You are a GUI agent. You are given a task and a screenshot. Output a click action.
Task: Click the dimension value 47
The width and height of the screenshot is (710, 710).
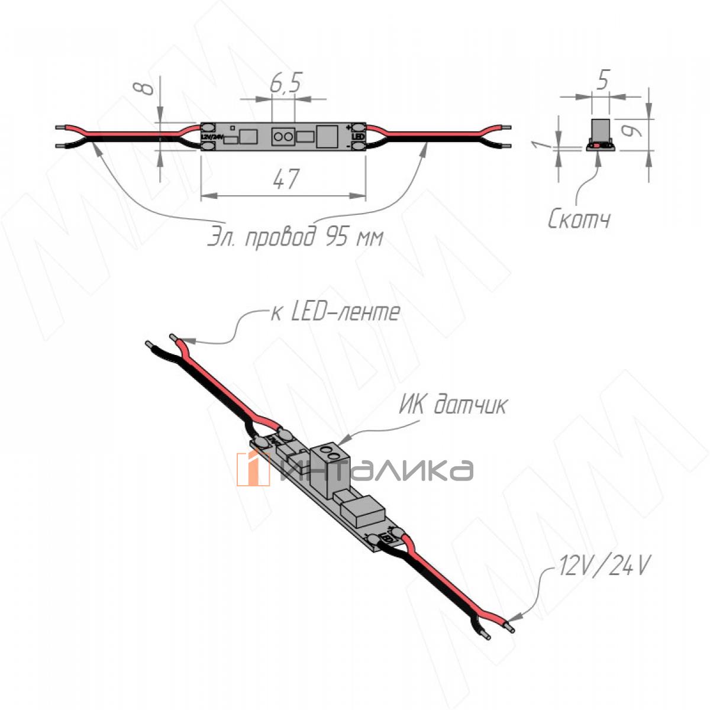pyautogui.click(x=286, y=179)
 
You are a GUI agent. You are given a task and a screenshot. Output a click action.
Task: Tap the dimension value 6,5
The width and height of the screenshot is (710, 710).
pyautogui.click(x=286, y=85)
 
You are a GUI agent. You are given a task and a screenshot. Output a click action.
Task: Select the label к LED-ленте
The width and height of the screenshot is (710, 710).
pyautogui.click(x=335, y=312)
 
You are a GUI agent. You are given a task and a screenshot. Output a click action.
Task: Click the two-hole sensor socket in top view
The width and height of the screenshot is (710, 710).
pyautogui.click(x=283, y=137)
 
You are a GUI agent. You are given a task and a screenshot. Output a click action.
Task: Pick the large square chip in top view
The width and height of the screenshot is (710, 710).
pyautogui.click(x=326, y=137)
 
